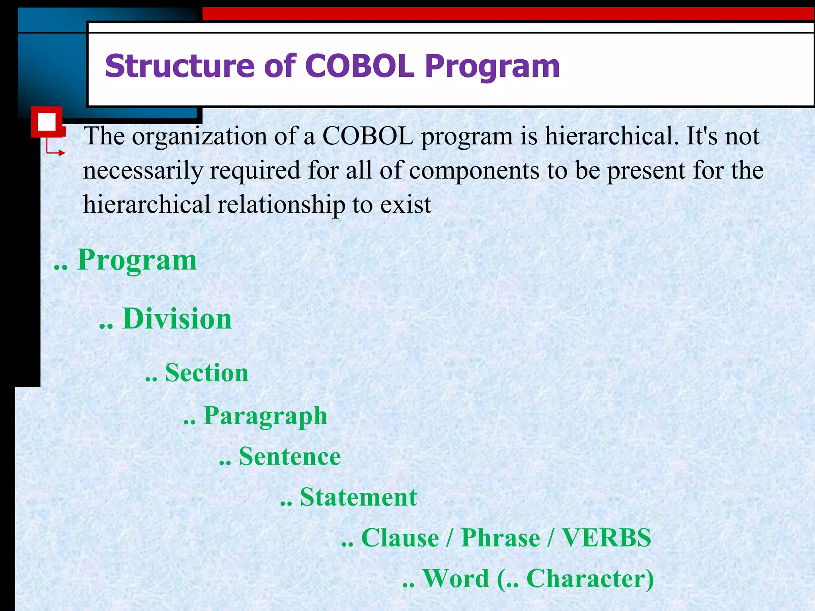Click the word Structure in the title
click(x=179, y=66)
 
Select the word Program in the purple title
click(x=492, y=67)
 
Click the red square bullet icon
click(x=47, y=122)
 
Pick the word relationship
click(x=281, y=205)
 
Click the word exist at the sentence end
click(x=406, y=205)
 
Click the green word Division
click(x=177, y=319)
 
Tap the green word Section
click(x=207, y=373)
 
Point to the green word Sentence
click(x=290, y=456)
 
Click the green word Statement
click(x=358, y=497)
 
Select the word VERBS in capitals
click(x=606, y=538)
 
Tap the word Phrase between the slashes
click(x=500, y=538)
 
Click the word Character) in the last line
click(x=590, y=579)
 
